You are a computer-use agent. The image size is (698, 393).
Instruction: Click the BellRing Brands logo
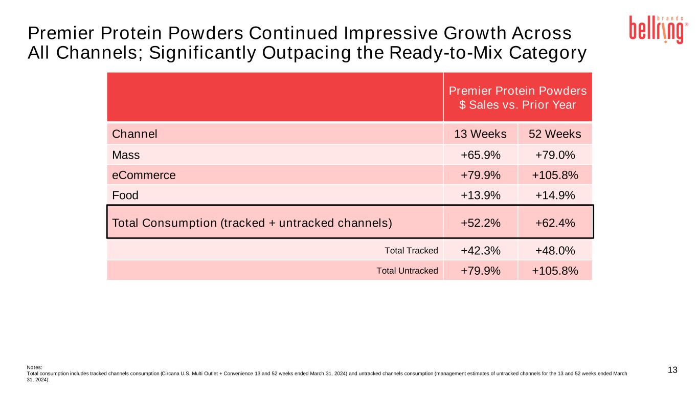pyautogui.click(x=656, y=30)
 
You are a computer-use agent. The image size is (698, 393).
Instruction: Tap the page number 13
pyautogui.click(x=672, y=370)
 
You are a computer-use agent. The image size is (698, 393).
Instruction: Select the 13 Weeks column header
pyautogui.click(x=480, y=134)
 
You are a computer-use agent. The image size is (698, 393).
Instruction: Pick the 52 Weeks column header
pyautogui.click(x=555, y=134)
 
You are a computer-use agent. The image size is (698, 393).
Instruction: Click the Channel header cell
pyautogui.click(x=134, y=134)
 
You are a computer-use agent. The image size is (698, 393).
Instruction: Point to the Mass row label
pyautogui.click(x=126, y=155)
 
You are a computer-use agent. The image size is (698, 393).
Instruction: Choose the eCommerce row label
pyautogui.click(x=144, y=175)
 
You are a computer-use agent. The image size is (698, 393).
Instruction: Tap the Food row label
pyautogui.click(x=125, y=195)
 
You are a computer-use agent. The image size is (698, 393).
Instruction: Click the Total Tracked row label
pyautogui.click(x=411, y=251)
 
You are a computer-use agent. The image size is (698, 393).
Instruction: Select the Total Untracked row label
pyautogui.click(x=407, y=271)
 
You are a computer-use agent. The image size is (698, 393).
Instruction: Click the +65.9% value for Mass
pyautogui.click(x=480, y=155)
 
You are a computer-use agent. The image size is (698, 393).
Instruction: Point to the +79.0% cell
pyautogui.click(x=555, y=155)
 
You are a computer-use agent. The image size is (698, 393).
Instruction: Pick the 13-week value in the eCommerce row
pyautogui.click(x=480, y=175)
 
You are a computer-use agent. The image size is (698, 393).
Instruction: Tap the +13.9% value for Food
pyautogui.click(x=480, y=195)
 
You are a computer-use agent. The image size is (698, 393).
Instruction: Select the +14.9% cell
pyautogui.click(x=555, y=195)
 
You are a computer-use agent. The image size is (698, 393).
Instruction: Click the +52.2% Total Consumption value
pyautogui.click(x=480, y=223)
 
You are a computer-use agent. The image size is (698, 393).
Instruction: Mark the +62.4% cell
pyautogui.click(x=555, y=223)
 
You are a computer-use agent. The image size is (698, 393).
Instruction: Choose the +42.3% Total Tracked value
pyautogui.click(x=480, y=250)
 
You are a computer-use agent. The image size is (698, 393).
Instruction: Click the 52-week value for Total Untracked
pyautogui.click(x=555, y=271)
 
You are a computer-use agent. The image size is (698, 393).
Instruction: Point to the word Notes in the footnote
pyautogui.click(x=34, y=367)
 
